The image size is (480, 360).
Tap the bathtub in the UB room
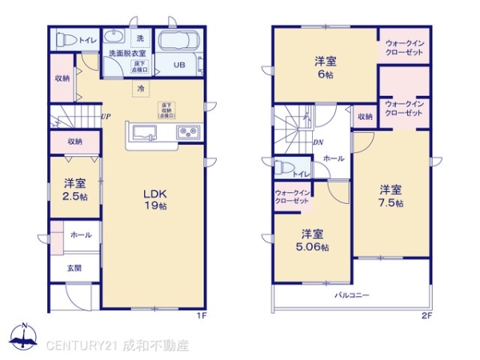(180, 42)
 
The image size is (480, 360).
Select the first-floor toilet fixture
(64, 39)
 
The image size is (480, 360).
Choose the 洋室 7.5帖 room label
(390, 195)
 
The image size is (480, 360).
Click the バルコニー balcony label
(352, 295)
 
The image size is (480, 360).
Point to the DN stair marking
(318, 143)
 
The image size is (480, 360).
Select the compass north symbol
(24, 336)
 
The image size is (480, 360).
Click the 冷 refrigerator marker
(140, 88)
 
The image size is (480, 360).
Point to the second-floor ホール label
(334, 158)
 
